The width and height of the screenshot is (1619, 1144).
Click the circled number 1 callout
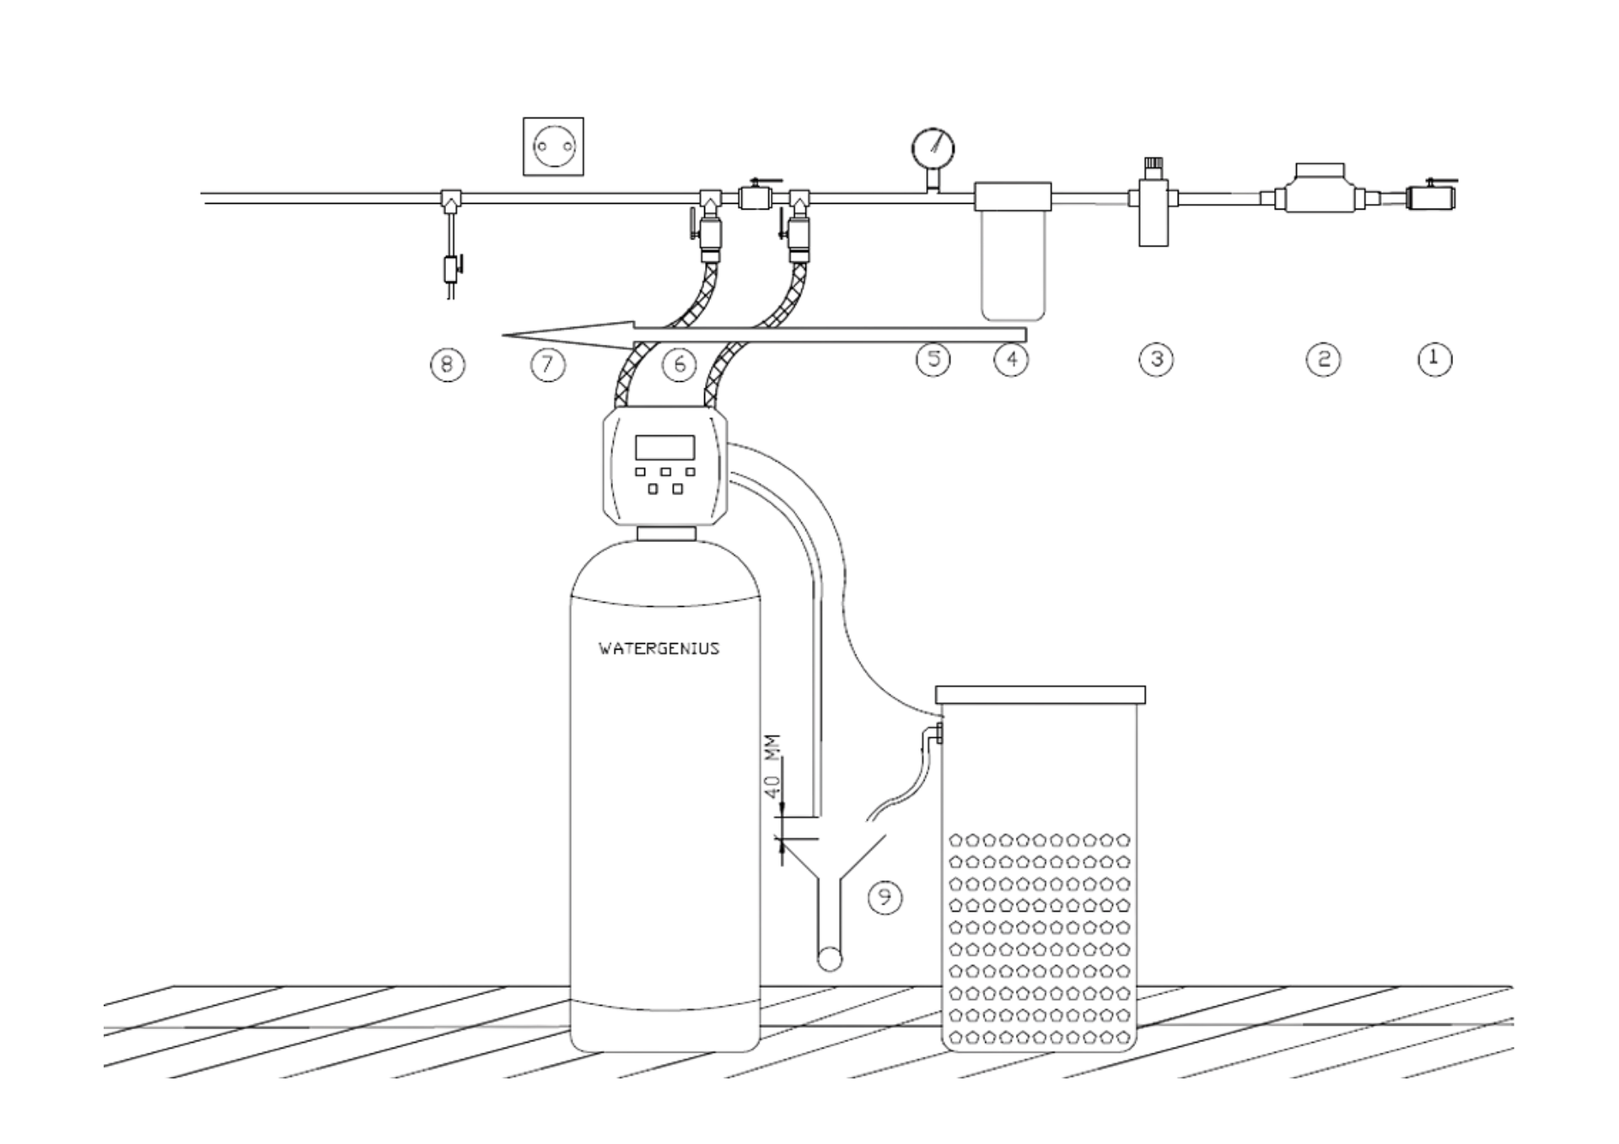(1434, 359)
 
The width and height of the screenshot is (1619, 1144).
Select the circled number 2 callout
(1323, 360)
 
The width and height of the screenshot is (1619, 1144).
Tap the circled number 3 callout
(1156, 360)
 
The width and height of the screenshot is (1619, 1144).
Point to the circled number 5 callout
(933, 360)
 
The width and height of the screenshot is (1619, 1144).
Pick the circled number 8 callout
(447, 364)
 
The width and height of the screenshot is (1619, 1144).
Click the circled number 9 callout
(885, 897)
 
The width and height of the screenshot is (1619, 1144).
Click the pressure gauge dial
(933, 149)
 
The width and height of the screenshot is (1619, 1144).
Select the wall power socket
(553, 147)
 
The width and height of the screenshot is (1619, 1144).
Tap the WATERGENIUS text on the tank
(659, 648)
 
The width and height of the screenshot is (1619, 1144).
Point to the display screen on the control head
(664, 448)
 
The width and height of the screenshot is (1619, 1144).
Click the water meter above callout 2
(1320, 192)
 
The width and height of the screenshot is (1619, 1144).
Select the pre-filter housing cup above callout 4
(1013, 265)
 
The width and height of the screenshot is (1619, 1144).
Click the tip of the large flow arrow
(506, 336)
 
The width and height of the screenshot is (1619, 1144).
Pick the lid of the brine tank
(1040, 695)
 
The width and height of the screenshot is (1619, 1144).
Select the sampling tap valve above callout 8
(451, 268)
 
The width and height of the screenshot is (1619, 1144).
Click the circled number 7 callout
(547, 364)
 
